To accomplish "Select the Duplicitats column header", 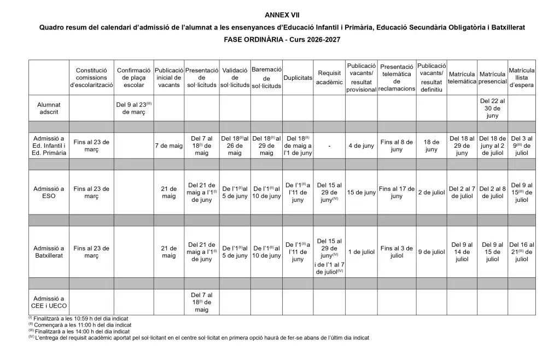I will pos(297,78).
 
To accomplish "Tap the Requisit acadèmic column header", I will pos(329,78).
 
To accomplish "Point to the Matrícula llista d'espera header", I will pos(522,78).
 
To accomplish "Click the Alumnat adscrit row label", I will pos(49,108).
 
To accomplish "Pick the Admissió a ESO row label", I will pos(49,193).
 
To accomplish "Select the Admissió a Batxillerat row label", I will pos(49,252).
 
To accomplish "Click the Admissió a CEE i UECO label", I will pos(49,302).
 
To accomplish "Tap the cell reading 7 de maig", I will pos(168,146).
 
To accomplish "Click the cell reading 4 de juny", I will pos(361,146).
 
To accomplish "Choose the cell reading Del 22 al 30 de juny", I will pos(492,108).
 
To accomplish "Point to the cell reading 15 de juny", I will pos(361,193).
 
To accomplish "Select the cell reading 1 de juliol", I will pos(361,252).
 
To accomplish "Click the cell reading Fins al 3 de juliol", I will pos(396,252).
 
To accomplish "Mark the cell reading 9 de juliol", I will pos(431,252).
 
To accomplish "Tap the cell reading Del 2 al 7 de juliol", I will pos(462,193).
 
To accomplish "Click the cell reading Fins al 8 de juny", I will pos(396,146).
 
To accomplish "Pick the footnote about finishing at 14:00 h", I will pos(79,331).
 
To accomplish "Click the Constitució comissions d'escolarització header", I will pos(91,78).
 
